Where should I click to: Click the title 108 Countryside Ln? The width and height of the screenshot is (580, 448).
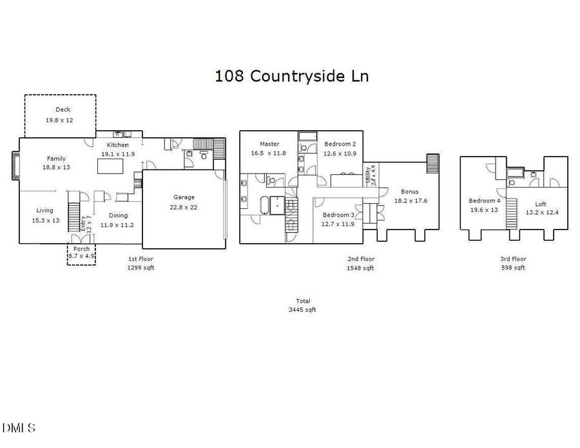[291, 76]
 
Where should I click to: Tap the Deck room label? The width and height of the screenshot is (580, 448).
[63, 110]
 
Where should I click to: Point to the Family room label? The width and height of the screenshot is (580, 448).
[56, 159]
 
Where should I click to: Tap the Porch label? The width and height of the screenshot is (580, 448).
[82, 249]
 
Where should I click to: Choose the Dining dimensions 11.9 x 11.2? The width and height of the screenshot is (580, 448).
[117, 225]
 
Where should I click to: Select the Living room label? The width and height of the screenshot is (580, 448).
[44, 211]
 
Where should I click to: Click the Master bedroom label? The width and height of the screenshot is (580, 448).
[269, 144]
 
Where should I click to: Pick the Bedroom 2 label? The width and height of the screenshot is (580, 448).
[340, 144]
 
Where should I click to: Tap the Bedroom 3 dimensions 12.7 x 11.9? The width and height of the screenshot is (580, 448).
[339, 224]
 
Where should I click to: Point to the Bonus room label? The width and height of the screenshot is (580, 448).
[410, 191]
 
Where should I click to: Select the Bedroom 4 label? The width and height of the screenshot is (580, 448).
[483, 200]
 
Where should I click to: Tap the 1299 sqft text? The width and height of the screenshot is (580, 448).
[140, 267]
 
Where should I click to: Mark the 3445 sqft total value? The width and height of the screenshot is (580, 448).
[303, 309]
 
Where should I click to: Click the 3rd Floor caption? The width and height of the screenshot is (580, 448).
[513, 259]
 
